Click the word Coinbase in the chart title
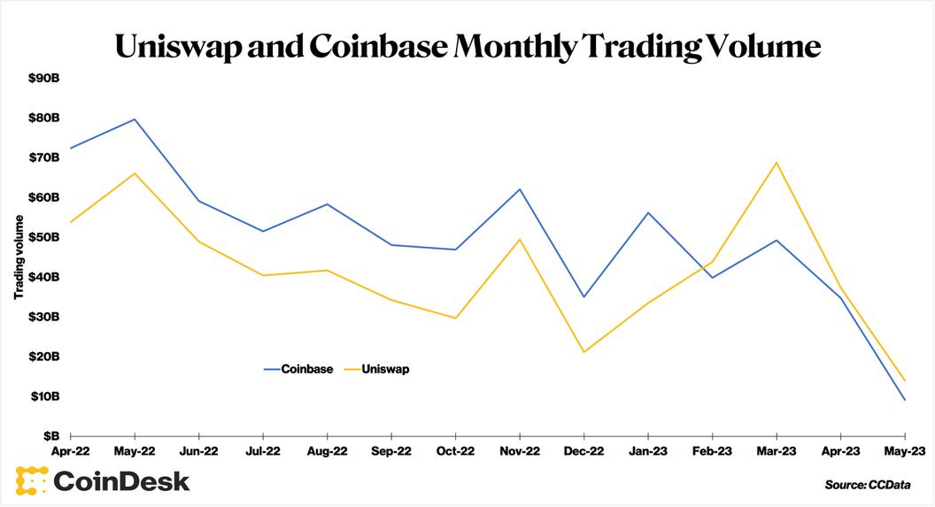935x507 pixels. click(x=378, y=47)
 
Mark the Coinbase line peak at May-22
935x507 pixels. click(x=135, y=119)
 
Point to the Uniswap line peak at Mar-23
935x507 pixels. click(x=777, y=162)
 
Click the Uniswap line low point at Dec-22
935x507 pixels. click(x=584, y=352)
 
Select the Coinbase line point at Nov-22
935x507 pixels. click(x=520, y=189)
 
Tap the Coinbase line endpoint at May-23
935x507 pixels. click(x=904, y=400)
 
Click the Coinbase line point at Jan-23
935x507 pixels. click(x=648, y=212)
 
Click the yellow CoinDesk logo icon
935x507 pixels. click(x=30, y=480)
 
